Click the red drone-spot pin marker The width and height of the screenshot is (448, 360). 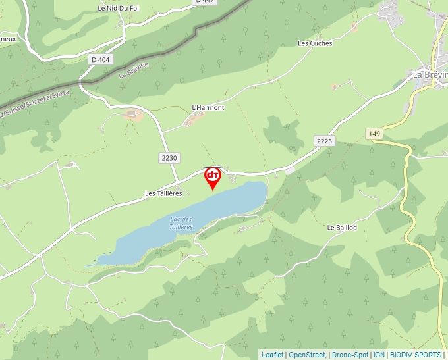213,177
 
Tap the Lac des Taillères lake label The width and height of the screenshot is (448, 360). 181,222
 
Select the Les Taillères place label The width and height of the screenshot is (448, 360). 163,193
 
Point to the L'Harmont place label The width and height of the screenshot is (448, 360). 208,107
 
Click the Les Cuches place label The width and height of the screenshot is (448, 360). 315,43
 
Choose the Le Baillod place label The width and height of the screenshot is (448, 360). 342,228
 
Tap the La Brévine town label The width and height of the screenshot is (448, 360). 430,74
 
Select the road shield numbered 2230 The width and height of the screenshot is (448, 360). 169,158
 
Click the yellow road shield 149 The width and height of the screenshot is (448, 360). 375,134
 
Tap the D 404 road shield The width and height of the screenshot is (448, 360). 100,59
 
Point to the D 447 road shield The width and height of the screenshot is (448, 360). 206,2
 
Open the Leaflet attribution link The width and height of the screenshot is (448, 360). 272,355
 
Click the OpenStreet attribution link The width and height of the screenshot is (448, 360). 307,355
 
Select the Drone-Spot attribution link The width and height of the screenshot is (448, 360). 350,355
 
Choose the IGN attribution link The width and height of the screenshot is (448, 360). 379,355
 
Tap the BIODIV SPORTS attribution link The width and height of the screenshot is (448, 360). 415,355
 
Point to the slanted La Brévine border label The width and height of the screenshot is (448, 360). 134,70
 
